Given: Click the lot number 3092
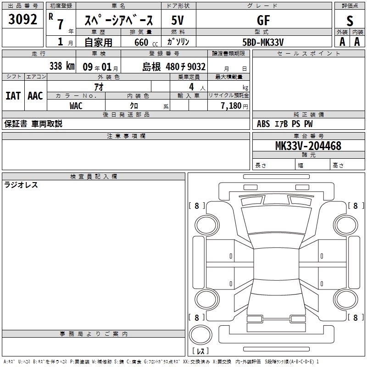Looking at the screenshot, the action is click(x=22, y=19).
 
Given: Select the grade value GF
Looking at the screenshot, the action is click(x=263, y=20).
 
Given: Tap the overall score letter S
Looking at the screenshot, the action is click(x=350, y=21).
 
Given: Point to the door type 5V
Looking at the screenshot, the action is click(x=178, y=20).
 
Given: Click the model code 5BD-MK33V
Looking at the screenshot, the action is click(x=263, y=42).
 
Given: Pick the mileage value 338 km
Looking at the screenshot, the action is click(x=62, y=66).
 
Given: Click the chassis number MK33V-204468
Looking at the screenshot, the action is click(x=308, y=146).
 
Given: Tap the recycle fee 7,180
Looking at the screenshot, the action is click(x=231, y=106).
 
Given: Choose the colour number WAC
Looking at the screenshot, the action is click(x=76, y=106).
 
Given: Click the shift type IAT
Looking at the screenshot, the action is click(x=13, y=96).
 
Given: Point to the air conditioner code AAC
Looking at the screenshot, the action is click(x=35, y=96).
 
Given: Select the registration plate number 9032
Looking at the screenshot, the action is click(x=196, y=67).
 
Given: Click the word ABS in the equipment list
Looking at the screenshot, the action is click(x=263, y=124).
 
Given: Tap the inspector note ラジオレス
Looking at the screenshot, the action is click(x=21, y=185).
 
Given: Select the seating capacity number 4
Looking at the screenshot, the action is click(x=191, y=87).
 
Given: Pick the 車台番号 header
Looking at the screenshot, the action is click(x=308, y=136).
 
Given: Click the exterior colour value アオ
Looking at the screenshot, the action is click(x=99, y=87).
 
